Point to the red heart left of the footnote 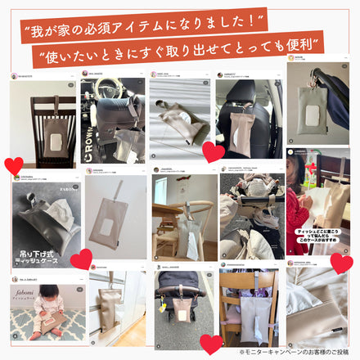coord(210,344)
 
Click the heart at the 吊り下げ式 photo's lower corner coord(80,260)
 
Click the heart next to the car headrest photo coord(213,151)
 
